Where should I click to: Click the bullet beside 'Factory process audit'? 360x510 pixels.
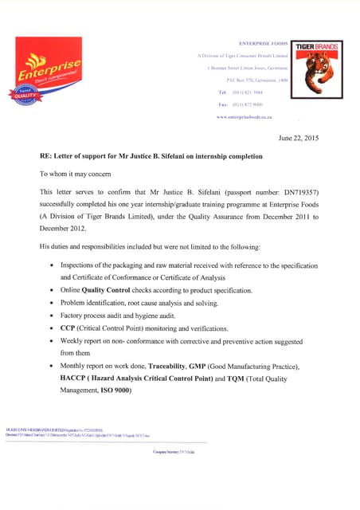pos(52,316)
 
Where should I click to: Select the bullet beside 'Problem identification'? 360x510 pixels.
pos(52,303)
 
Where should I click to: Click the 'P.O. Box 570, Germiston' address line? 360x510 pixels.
pos(257,80)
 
